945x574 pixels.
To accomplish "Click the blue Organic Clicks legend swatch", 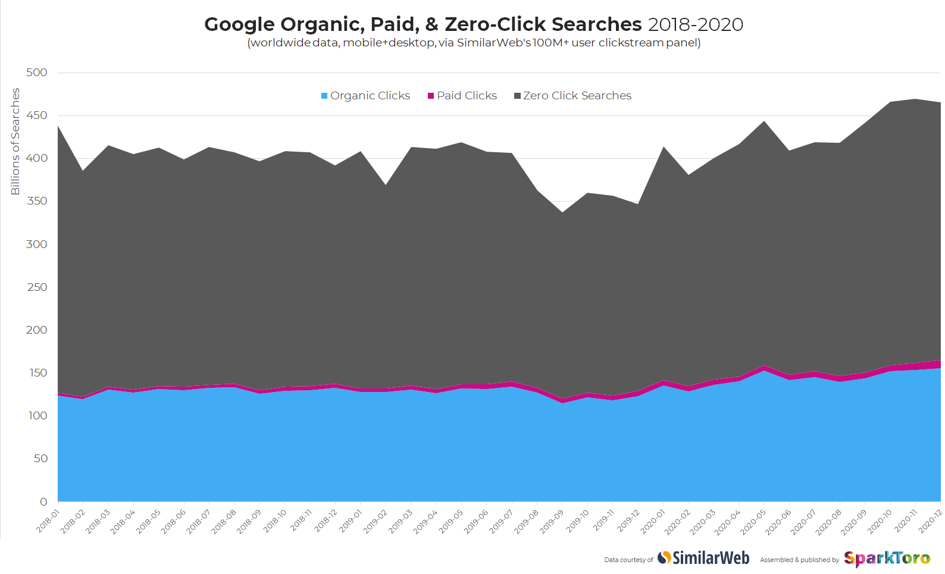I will tap(324, 96).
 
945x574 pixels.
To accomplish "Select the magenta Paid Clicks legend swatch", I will tap(431, 96).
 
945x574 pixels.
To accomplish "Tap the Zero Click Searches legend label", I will tap(577, 96).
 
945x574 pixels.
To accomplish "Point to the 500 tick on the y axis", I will tap(36, 73).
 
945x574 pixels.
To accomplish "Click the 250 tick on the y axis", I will tap(36, 287).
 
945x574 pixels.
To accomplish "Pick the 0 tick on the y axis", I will tap(43, 502).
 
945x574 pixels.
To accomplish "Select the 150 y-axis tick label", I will tap(36, 373).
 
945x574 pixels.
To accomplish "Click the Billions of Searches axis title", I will tap(15, 142).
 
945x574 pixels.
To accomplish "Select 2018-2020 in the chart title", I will tap(695, 24).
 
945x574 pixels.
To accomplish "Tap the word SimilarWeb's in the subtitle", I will tap(494, 43).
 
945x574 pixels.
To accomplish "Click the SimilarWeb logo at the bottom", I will tap(703, 558).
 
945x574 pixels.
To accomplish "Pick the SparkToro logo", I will tap(887, 559).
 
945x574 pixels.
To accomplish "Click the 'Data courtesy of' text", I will tap(628, 560).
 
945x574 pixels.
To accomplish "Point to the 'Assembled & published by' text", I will tap(799, 560).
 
